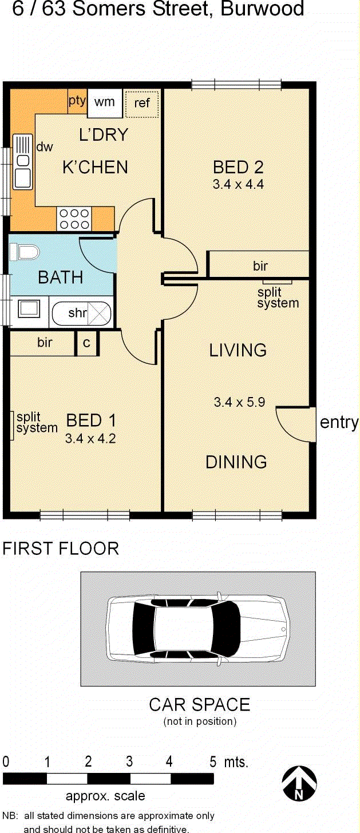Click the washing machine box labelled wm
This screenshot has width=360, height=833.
point(104,102)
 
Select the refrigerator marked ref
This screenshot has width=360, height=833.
point(141,103)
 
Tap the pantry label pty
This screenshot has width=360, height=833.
point(77,101)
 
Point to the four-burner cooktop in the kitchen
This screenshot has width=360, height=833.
point(74,218)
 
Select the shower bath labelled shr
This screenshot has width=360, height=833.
point(82,313)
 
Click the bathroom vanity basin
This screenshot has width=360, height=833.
point(29,310)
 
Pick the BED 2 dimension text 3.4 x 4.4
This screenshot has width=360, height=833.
point(238,184)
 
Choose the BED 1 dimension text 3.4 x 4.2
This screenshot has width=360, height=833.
point(91,439)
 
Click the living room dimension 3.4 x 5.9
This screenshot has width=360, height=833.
point(239,402)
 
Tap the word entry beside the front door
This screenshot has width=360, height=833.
point(339,423)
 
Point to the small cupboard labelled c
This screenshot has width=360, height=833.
point(86,343)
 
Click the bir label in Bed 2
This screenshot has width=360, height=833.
point(260,265)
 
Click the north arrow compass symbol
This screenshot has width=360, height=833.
point(299,783)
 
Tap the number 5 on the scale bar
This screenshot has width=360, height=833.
point(213,761)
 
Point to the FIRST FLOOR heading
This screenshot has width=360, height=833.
point(61,548)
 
